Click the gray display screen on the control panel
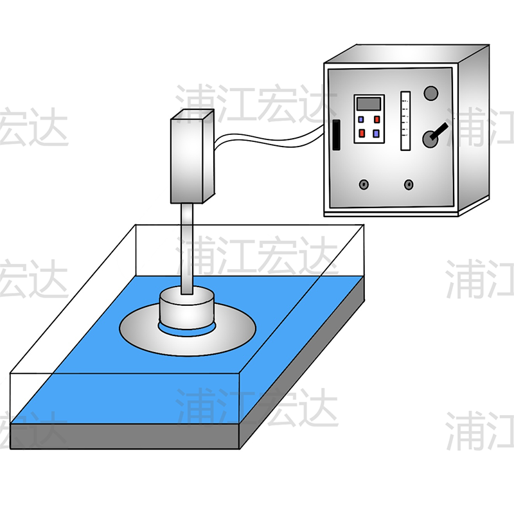point(369,103)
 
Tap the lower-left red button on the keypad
point(362,133)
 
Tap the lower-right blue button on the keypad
point(376,134)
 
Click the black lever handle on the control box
point(439,132)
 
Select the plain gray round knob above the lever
point(430,93)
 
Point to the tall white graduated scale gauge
point(405,121)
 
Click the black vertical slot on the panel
point(336,135)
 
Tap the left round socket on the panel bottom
point(364,184)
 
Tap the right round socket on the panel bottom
point(409,184)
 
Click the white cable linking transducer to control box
point(269,139)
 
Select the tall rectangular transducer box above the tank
point(192,156)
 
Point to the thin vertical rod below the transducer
point(187,249)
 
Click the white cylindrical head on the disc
point(187,309)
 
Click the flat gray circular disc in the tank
point(188,329)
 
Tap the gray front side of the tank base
point(125,436)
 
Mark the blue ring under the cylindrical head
point(187,330)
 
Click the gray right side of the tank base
point(302,363)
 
